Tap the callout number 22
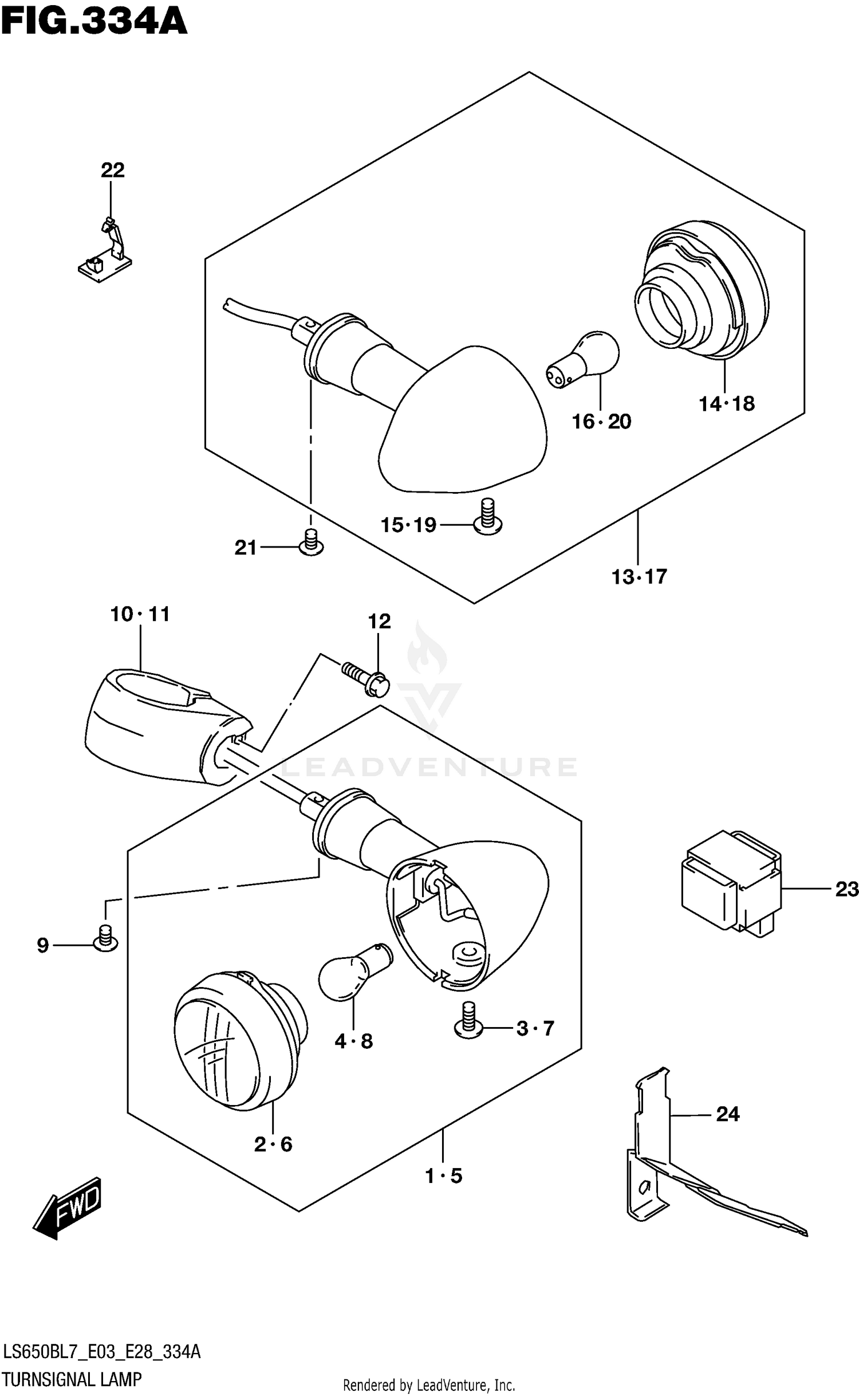112,170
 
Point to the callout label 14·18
726,404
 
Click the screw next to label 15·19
487,517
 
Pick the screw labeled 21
311,542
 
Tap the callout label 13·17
639,576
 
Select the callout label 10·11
140,615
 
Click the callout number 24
728,1114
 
